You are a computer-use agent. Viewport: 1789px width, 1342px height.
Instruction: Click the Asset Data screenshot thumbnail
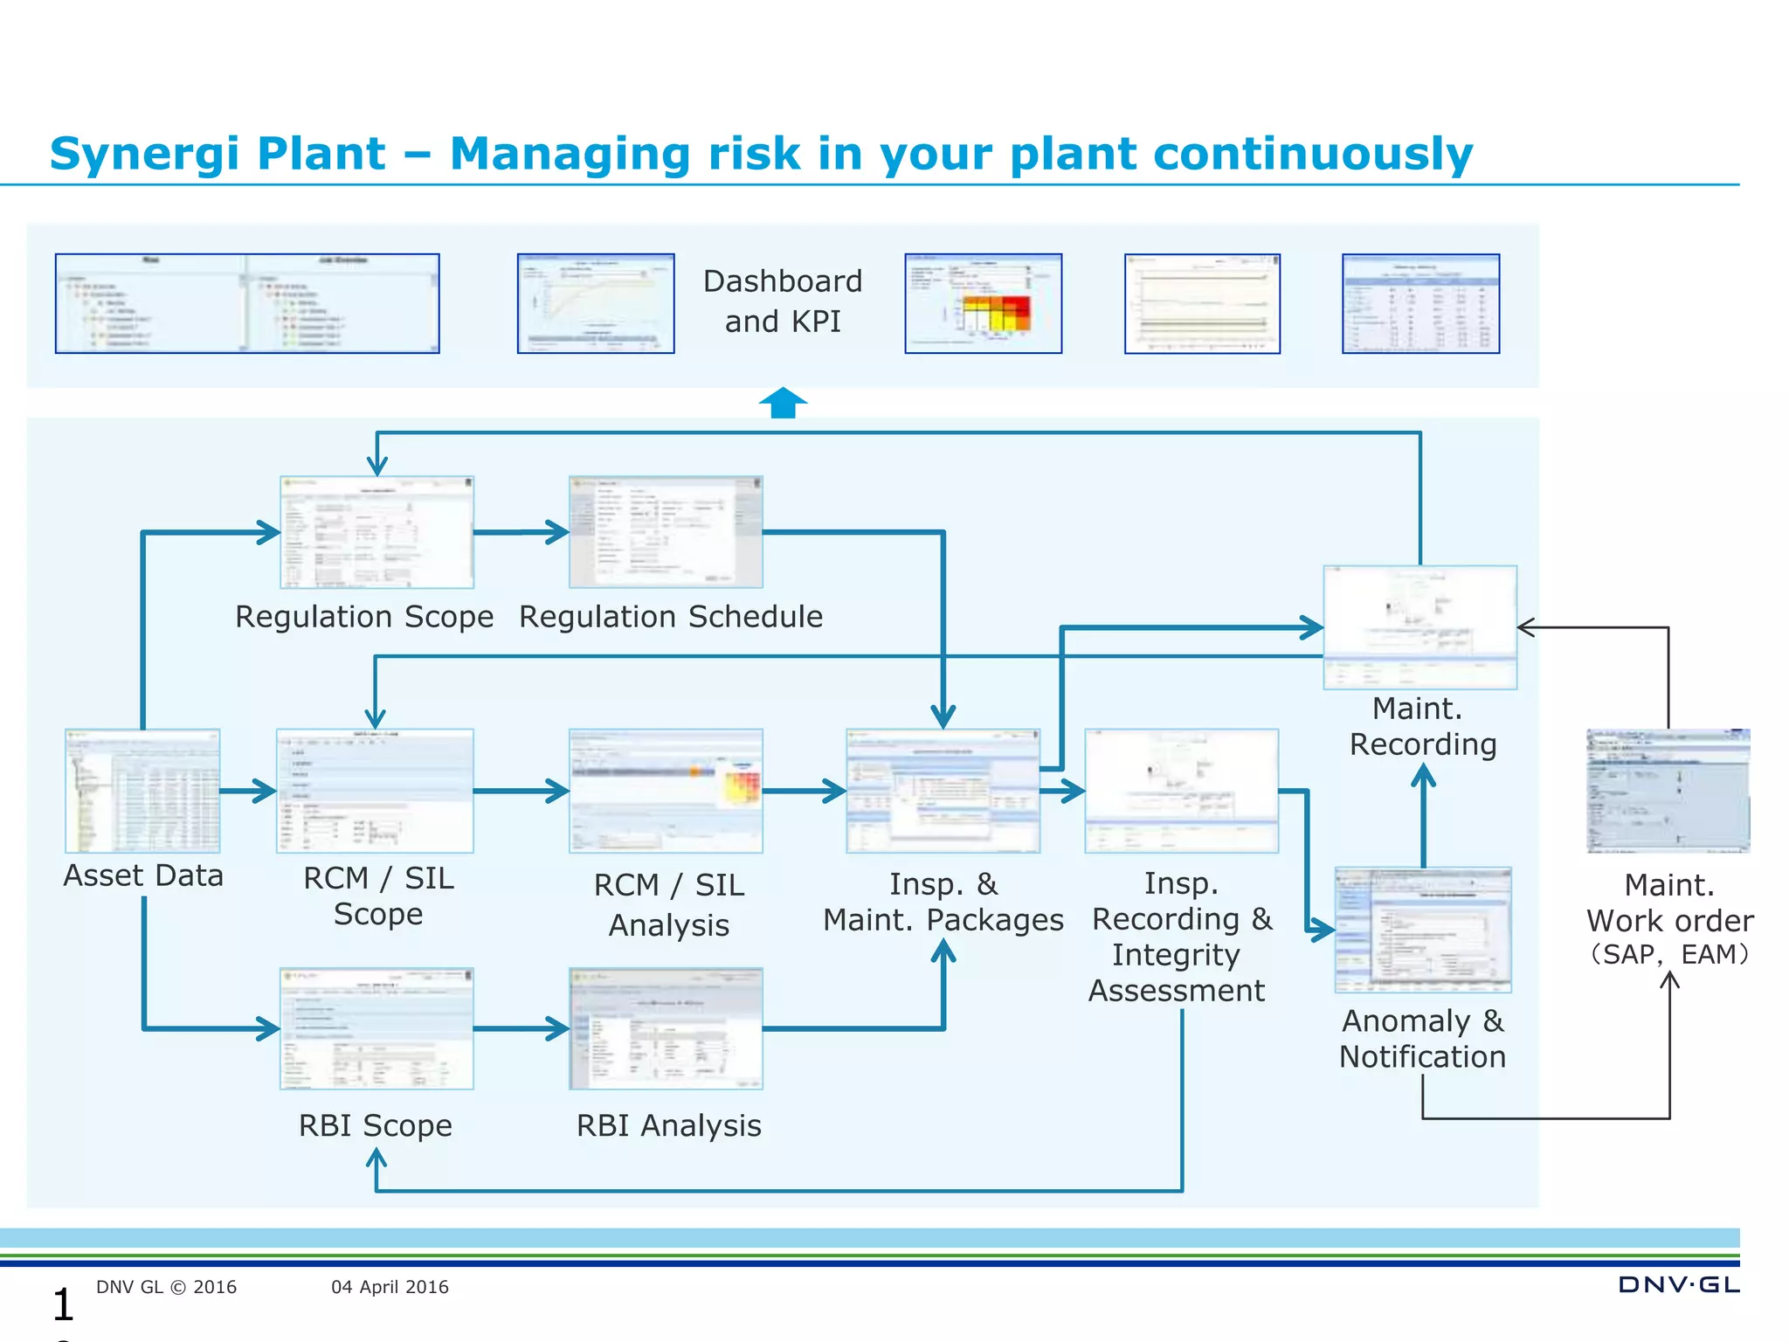pyautogui.click(x=142, y=791)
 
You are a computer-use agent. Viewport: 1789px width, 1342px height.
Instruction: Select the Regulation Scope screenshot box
pyautogui.click(x=376, y=532)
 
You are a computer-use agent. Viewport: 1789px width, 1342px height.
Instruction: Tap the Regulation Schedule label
pyautogui.click(x=670, y=617)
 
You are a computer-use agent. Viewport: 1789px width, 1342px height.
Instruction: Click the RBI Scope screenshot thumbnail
pyautogui.click(x=376, y=1028)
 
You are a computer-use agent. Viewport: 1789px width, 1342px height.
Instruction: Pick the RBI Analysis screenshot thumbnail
pyautogui.click(x=666, y=1028)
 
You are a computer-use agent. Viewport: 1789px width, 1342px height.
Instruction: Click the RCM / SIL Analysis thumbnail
pyautogui.click(x=666, y=791)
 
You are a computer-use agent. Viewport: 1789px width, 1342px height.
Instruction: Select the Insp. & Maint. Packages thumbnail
pyautogui.click(x=943, y=791)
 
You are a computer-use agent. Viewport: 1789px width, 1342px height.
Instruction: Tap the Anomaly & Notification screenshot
pyautogui.click(x=1423, y=930)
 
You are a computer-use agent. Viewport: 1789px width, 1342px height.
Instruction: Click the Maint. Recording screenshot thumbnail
pyautogui.click(x=1419, y=627)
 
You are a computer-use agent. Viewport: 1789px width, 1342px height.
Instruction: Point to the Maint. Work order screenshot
pyautogui.click(x=1668, y=791)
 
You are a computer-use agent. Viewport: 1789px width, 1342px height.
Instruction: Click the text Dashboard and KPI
pyautogui.click(x=782, y=301)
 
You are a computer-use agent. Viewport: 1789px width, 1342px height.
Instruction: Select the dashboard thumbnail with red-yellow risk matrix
pyautogui.click(x=983, y=304)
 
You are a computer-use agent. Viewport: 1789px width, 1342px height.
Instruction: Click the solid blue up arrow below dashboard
pyautogui.click(x=783, y=403)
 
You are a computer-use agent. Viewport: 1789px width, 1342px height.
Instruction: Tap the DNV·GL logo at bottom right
pyautogui.click(x=1678, y=1284)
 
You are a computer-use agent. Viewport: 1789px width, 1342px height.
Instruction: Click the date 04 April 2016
pyautogui.click(x=390, y=1287)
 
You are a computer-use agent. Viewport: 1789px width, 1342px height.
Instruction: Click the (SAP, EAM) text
pyautogui.click(x=1669, y=954)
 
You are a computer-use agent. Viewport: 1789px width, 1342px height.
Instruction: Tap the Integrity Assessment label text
pyautogui.click(x=1176, y=973)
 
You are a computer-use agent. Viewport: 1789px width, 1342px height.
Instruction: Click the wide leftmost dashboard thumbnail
pyautogui.click(x=247, y=304)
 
